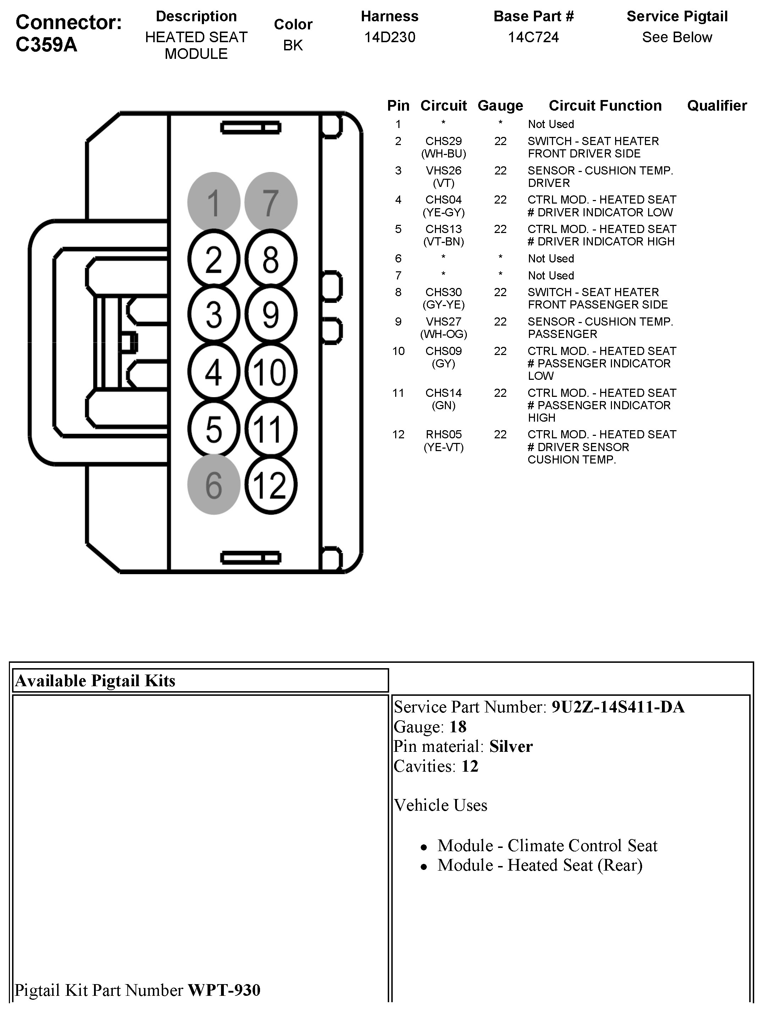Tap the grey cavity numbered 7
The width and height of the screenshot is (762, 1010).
click(271, 202)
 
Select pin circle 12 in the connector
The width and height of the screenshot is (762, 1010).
click(271, 484)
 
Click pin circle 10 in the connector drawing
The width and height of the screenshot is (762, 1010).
click(271, 372)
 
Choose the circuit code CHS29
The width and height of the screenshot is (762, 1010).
click(443, 141)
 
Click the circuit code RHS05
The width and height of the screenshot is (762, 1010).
click(443, 434)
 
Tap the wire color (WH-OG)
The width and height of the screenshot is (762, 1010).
click(443, 334)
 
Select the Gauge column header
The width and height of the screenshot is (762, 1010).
click(500, 105)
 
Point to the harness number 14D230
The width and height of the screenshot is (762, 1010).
click(389, 37)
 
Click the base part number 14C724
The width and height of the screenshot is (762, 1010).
click(533, 37)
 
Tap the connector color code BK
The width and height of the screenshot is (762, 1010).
click(293, 45)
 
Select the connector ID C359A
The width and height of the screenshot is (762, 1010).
click(46, 45)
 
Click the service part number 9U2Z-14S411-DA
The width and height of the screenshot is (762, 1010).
click(618, 707)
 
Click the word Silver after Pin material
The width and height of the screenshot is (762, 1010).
click(511, 747)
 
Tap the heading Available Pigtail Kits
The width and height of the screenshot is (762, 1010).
click(95, 681)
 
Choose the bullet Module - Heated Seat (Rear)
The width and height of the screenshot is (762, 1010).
click(540, 865)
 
